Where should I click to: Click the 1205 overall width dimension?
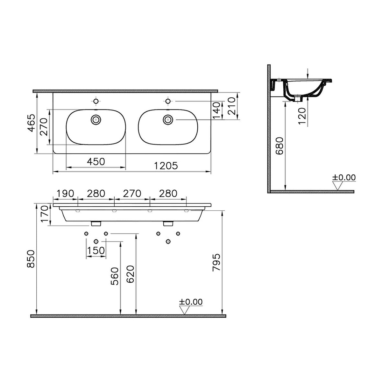point(166,166)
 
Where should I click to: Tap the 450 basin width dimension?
point(96,162)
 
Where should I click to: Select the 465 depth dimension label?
point(31,123)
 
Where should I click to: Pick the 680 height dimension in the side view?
point(280,146)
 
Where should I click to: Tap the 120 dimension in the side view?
point(302,116)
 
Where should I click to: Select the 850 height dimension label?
point(31,259)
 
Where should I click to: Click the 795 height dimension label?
point(216,262)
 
